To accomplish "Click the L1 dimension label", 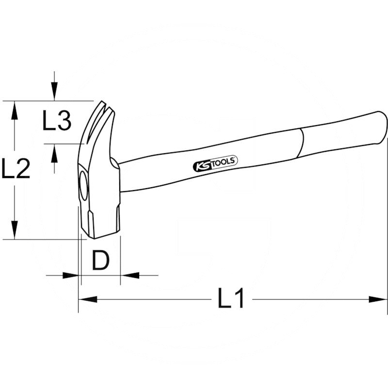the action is (231, 298).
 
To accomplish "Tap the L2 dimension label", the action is (16, 168).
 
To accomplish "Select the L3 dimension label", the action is (57, 120).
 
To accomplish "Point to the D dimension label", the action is (100, 260).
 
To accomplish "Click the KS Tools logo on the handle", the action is (215, 163).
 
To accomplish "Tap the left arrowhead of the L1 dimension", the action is (88, 299).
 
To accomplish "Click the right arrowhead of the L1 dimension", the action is (378, 299).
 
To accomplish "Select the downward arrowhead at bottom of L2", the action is (15, 230).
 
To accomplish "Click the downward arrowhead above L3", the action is (54, 91).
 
